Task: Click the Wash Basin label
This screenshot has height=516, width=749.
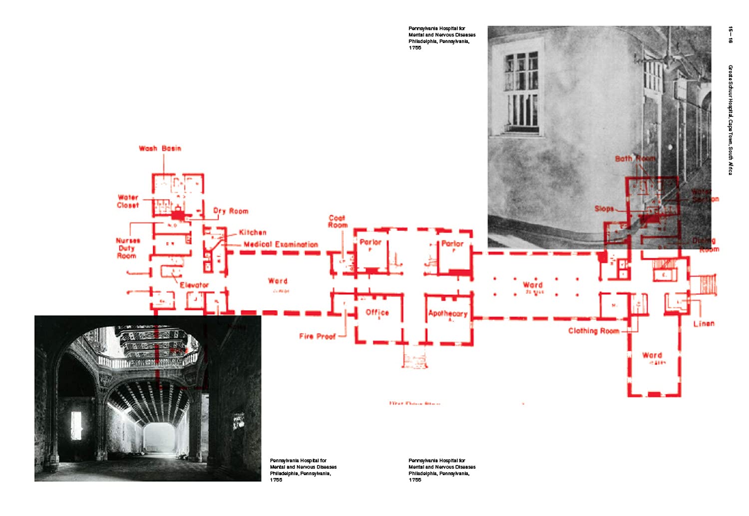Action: point(160,148)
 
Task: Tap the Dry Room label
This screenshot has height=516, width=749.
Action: point(231,211)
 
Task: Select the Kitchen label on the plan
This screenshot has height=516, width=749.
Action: point(253,233)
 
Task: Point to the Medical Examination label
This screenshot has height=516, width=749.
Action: point(281,245)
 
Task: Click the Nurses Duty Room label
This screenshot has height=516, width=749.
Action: point(128,248)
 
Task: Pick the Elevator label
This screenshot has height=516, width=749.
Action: point(194,285)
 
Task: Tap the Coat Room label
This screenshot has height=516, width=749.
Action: point(338,222)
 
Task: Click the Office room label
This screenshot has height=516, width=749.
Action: point(377,312)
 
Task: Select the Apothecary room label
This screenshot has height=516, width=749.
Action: point(447,313)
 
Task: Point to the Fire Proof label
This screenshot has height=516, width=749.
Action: point(317,336)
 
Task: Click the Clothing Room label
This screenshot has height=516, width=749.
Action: point(593,331)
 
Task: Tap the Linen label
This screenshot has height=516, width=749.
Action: point(704,324)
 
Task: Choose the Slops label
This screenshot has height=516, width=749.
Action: point(604,209)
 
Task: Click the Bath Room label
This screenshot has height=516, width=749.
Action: point(635,158)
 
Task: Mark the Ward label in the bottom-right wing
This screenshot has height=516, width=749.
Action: point(652,355)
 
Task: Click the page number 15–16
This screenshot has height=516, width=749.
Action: point(730,35)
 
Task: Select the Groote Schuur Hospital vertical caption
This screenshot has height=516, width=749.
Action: point(730,120)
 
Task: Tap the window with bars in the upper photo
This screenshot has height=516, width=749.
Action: point(522,92)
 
